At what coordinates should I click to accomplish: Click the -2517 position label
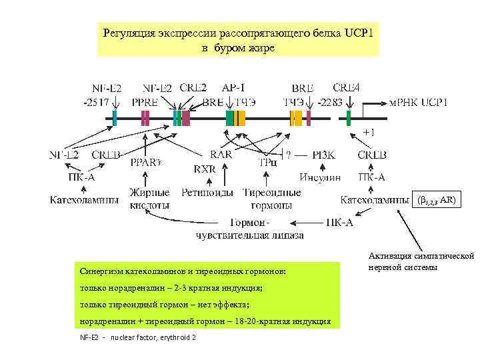pyautogui.click(x=97, y=103)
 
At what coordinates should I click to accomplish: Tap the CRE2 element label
pyautogui.click(x=193, y=87)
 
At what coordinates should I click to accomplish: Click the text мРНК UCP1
pyautogui.click(x=419, y=103)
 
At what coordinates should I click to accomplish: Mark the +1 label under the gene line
pyautogui.click(x=368, y=132)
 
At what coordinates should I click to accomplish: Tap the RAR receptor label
pyautogui.click(x=221, y=154)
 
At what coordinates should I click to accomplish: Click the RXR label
pyautogui.click(x=205, y=169)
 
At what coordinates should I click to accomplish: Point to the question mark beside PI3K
pyautogui.click(x=288, y=155)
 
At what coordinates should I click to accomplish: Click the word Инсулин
pyautogui.click(x=320, y=177)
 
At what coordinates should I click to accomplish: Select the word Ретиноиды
pyautogui.click(x=207, y=193)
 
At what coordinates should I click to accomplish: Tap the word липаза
pyautogui.click(x=288, y=235)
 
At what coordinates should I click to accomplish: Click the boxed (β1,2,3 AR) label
pyautogui.click(x=437, y=200)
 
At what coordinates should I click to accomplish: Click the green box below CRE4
pyautogui.click(x=348, y=118)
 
